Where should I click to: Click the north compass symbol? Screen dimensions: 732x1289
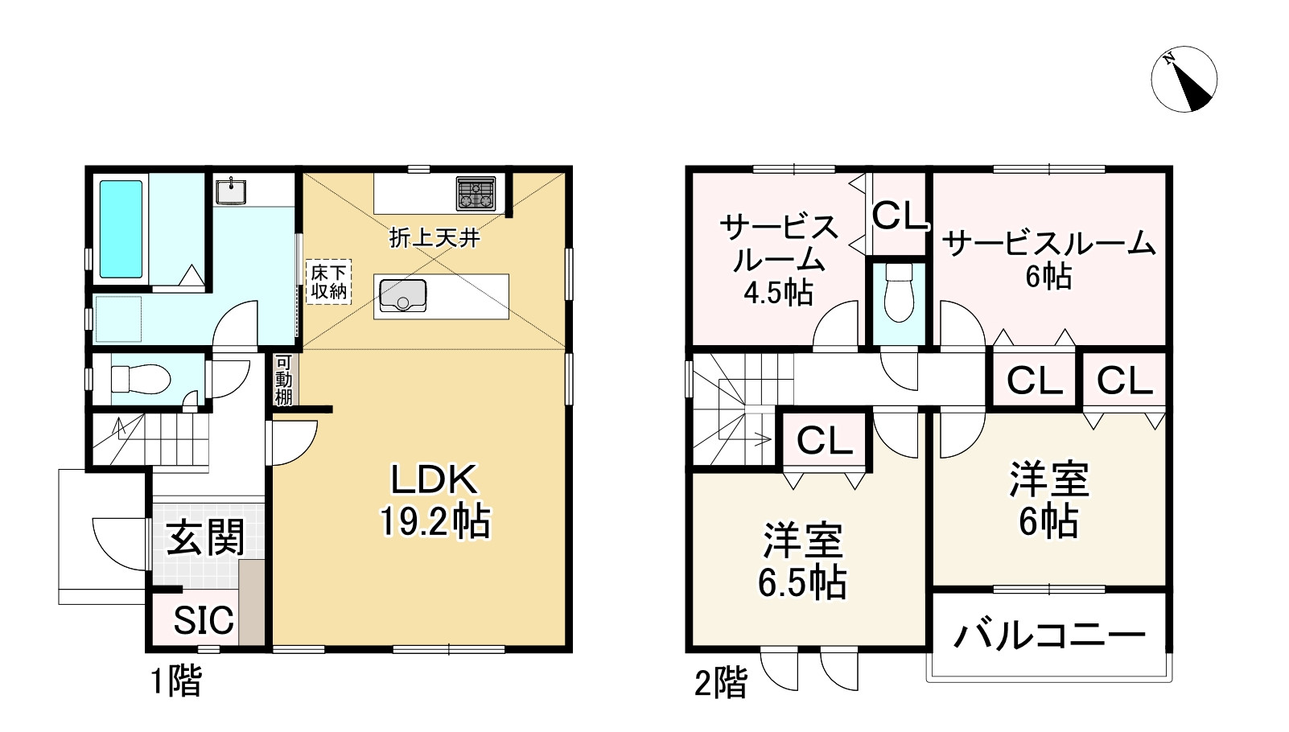pyautogui.click(x=1184, y=80)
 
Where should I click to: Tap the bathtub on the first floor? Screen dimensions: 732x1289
pyautogui.click(x=121, y=229)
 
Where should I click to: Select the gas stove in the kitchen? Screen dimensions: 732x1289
pyautogui.click(x=476, y=193)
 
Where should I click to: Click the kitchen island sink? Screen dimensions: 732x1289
pyautogui.click(x=402, y=295)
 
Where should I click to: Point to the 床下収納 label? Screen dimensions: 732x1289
pyautogui.click(x=328, y=282)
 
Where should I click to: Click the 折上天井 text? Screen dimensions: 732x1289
pyautogui.click(x=434, y=237)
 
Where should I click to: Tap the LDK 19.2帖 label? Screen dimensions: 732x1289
pyautogui.click(x=434, y=500)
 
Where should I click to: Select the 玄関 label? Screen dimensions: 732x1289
pyautogui.click(x=205, y=537)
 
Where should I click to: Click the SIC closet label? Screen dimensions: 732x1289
pyautogui.click(x=204, y=620)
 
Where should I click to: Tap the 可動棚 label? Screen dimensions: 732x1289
pyautogui.click(x=283, y=380)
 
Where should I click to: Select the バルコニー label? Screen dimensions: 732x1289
pyautogui.click(x=1049, y=635)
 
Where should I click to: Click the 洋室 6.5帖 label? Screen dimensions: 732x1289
pyautogui.click(x=802, y=561)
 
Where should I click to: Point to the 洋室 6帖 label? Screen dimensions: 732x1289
pyautogui.click(x=1048, y=500)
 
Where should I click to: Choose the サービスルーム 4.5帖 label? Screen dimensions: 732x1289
pyautogui.click(x=778, y=259)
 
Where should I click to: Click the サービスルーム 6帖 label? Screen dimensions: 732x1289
pyautogui.click(x=1048, y=257)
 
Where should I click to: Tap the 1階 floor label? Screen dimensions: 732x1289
pyautogui.click(x=176, y=682)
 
